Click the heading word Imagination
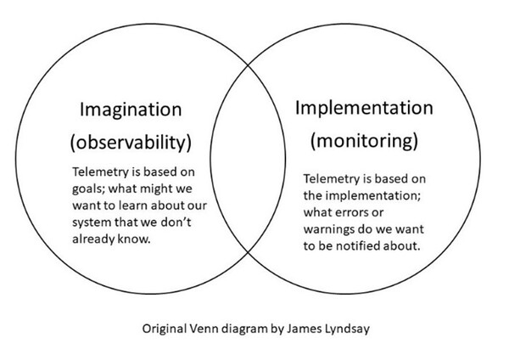tap(131, 110)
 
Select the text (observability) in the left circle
tap(131, 143)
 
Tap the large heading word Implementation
tap(364, 108)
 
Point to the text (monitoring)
tap(364, 141)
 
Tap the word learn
tap(133, 205)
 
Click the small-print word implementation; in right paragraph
tap(373, 196)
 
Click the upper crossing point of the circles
tap(249, 65)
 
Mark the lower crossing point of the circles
tap(249, 252)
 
